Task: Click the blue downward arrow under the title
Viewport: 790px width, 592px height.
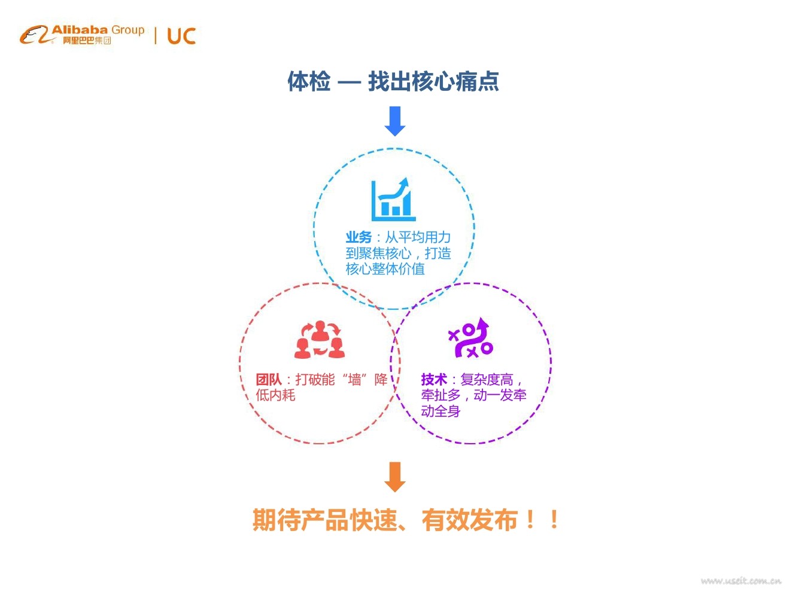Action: tap(395, 121)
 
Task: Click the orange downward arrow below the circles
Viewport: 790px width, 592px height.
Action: tap(394, 477)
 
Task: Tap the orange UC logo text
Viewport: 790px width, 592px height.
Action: tap(181, 36)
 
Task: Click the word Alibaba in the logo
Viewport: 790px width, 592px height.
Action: tap(80, 29)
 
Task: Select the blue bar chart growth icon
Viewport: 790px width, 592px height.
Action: tap(393, 200)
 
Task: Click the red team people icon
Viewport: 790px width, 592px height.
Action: tap(320, 340)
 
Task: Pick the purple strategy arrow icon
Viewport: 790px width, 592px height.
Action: tap(470, 338)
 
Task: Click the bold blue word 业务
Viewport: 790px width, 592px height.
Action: tap(358, 237)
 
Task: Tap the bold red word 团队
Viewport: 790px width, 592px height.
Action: tap(268, 380)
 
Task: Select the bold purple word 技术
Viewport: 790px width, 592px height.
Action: tap(434, 380)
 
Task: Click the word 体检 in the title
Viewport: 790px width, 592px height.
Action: tap(309, 81)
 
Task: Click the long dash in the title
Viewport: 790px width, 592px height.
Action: tap(349, 83)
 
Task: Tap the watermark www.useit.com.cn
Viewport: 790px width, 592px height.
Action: tap(740, 581)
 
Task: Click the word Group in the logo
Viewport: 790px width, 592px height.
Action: tap(128, 30)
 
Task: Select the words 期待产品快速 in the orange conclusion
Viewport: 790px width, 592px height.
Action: tap(324, 520)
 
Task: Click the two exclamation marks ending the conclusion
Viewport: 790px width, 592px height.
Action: tap(542, 520)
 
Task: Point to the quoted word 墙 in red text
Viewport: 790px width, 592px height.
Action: tap(355, 380)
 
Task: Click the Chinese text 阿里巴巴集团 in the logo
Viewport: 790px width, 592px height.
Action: tap(87, 41)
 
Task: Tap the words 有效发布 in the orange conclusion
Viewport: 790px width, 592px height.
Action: tap(469, 520)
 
